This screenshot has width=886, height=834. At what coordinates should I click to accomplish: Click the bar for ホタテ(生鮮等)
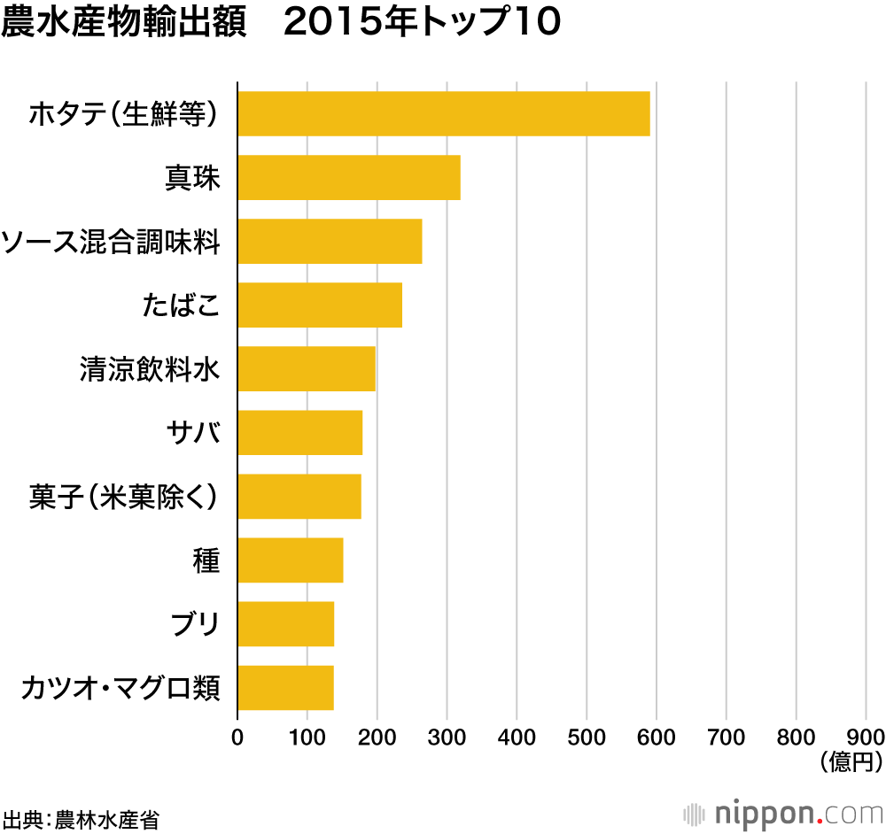pyautogui.click(x=443, y=113)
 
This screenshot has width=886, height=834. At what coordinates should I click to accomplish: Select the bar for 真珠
pyautogui.click(x=348, y=177)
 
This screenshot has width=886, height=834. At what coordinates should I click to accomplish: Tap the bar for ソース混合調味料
pyautogui.click(x=330, y=241)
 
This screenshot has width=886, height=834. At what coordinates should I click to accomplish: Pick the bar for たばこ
pyautogui.click(x=319, y=305)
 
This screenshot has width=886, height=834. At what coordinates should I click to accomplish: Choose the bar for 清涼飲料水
pyautogui.click(x=306, y=368)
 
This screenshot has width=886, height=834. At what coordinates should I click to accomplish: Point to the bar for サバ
pyautogui.click(x=299, y=432)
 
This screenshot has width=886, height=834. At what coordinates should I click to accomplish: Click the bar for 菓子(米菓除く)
pyautogui.click(x=299, y=496)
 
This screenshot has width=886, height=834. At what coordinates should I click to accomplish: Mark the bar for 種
pyautogui.click(x=290, y=560)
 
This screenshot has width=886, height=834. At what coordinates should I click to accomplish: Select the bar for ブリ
pyautogui.click(x=285, y=623)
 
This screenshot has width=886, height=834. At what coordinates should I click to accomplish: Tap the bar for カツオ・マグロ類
pyautogui.click(x=285, y=687)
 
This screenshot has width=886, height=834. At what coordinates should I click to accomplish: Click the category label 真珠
pyautogui.click(x=192, y=178)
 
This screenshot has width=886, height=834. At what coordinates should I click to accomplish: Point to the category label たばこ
pyautogui.click(x=180, y=305)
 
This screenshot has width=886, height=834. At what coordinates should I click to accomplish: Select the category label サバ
pyautogui.click(x=192, y=433)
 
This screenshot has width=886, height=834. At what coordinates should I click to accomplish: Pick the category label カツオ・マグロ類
pyautogui.click(x=120, y=688)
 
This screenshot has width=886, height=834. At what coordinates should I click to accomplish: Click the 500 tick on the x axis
pyautogui.click(x=587, y=737)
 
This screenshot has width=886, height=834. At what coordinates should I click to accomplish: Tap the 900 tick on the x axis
pyautogui.click(x=866, y=737)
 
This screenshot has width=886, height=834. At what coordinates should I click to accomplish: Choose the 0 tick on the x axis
pyautogui.click(x=237, y=737)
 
